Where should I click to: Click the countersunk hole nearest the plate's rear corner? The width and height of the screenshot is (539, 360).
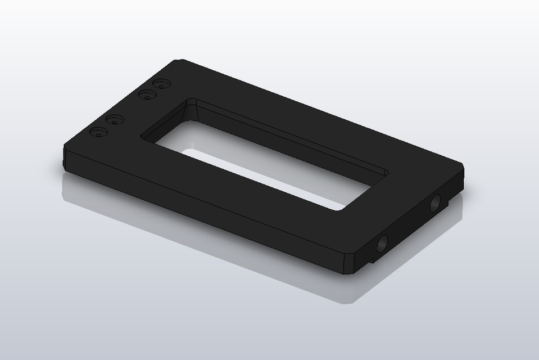(x=164, y=84)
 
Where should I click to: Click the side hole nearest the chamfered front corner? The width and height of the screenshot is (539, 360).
(x=382, y=243)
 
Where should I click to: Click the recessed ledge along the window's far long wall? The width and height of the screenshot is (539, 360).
(x=292, y=138)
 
